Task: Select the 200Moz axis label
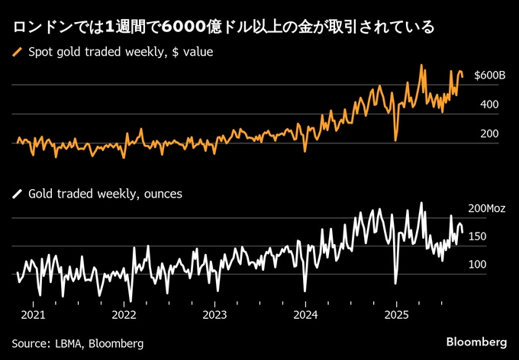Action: [487, 208]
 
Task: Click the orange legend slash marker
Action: [18, 53]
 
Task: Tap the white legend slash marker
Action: [18, 194]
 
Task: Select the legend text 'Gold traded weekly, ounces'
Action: [105, 194]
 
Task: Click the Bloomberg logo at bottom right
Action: [476, 339]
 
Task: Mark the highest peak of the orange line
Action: [421, 65]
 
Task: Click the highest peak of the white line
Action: [421, 203]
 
